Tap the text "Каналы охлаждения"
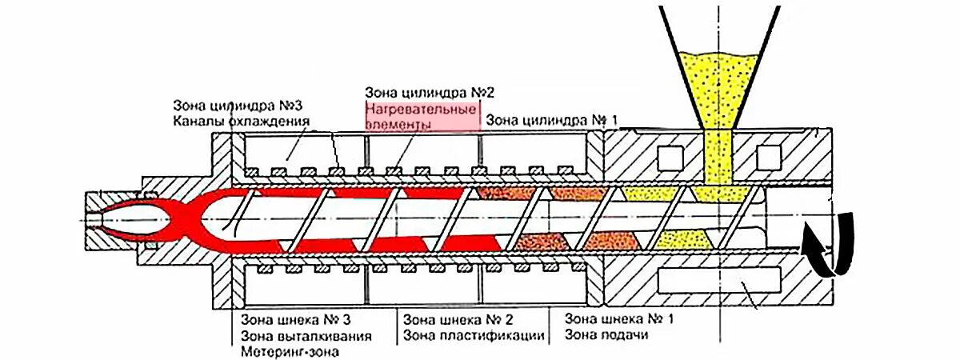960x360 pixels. coord(241,122)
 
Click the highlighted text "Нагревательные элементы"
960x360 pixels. coord(422,117)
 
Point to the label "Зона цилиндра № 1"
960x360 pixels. coord(553,121)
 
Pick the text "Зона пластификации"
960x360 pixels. coord(474,335)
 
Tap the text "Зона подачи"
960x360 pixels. coord(606,334)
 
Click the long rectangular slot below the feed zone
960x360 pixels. coord(718,279)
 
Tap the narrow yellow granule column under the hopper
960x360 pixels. coord(718,160)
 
